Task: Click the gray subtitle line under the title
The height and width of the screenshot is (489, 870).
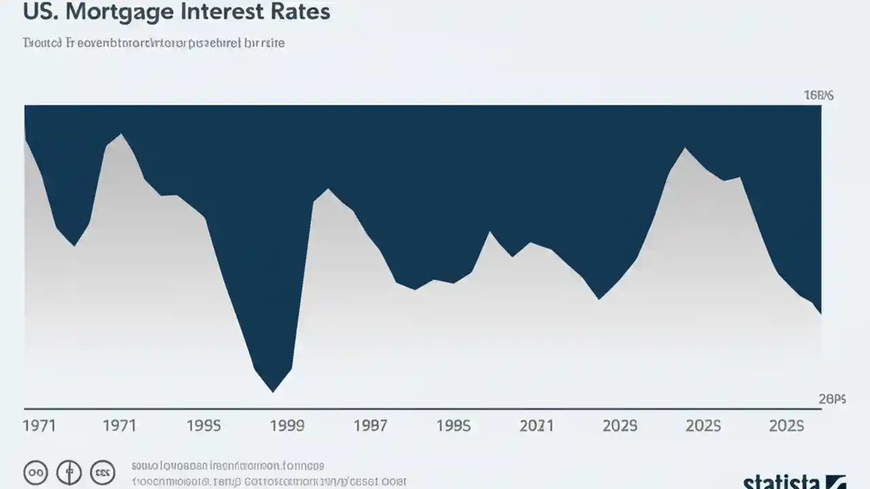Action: click(x=154, y=43)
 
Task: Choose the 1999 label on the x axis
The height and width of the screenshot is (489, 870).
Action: click(x=287, y=426)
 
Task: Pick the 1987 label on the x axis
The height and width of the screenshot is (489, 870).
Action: click(x=370, y=426)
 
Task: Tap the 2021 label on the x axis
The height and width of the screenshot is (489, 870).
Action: click(x=536, y=426)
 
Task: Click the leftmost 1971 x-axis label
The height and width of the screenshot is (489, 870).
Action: click(x=39, y=426)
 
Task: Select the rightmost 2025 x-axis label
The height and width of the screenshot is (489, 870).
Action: click(x=786, y=426)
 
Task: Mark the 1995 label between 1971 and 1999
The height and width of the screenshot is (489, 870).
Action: click(x=203, y=426)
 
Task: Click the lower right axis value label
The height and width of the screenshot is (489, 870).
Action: click(x=832, y=400)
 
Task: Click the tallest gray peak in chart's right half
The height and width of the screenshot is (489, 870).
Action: click(x=684, y=148)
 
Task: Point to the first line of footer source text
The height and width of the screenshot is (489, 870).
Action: click(x=228, y=467)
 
